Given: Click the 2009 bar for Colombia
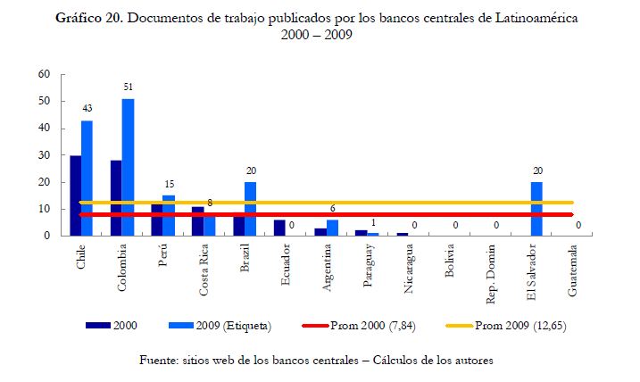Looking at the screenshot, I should click(129, 167).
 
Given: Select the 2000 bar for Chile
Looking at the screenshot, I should click(76, 195).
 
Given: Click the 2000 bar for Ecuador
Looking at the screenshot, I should click(279, 228).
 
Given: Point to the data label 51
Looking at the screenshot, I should click(128, 87).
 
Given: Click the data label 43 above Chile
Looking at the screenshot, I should click(87, 109).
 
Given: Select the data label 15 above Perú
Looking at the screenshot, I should click(169, 185).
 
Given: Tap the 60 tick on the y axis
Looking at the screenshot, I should click(43, 74).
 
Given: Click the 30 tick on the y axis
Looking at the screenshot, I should click(43, 155).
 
